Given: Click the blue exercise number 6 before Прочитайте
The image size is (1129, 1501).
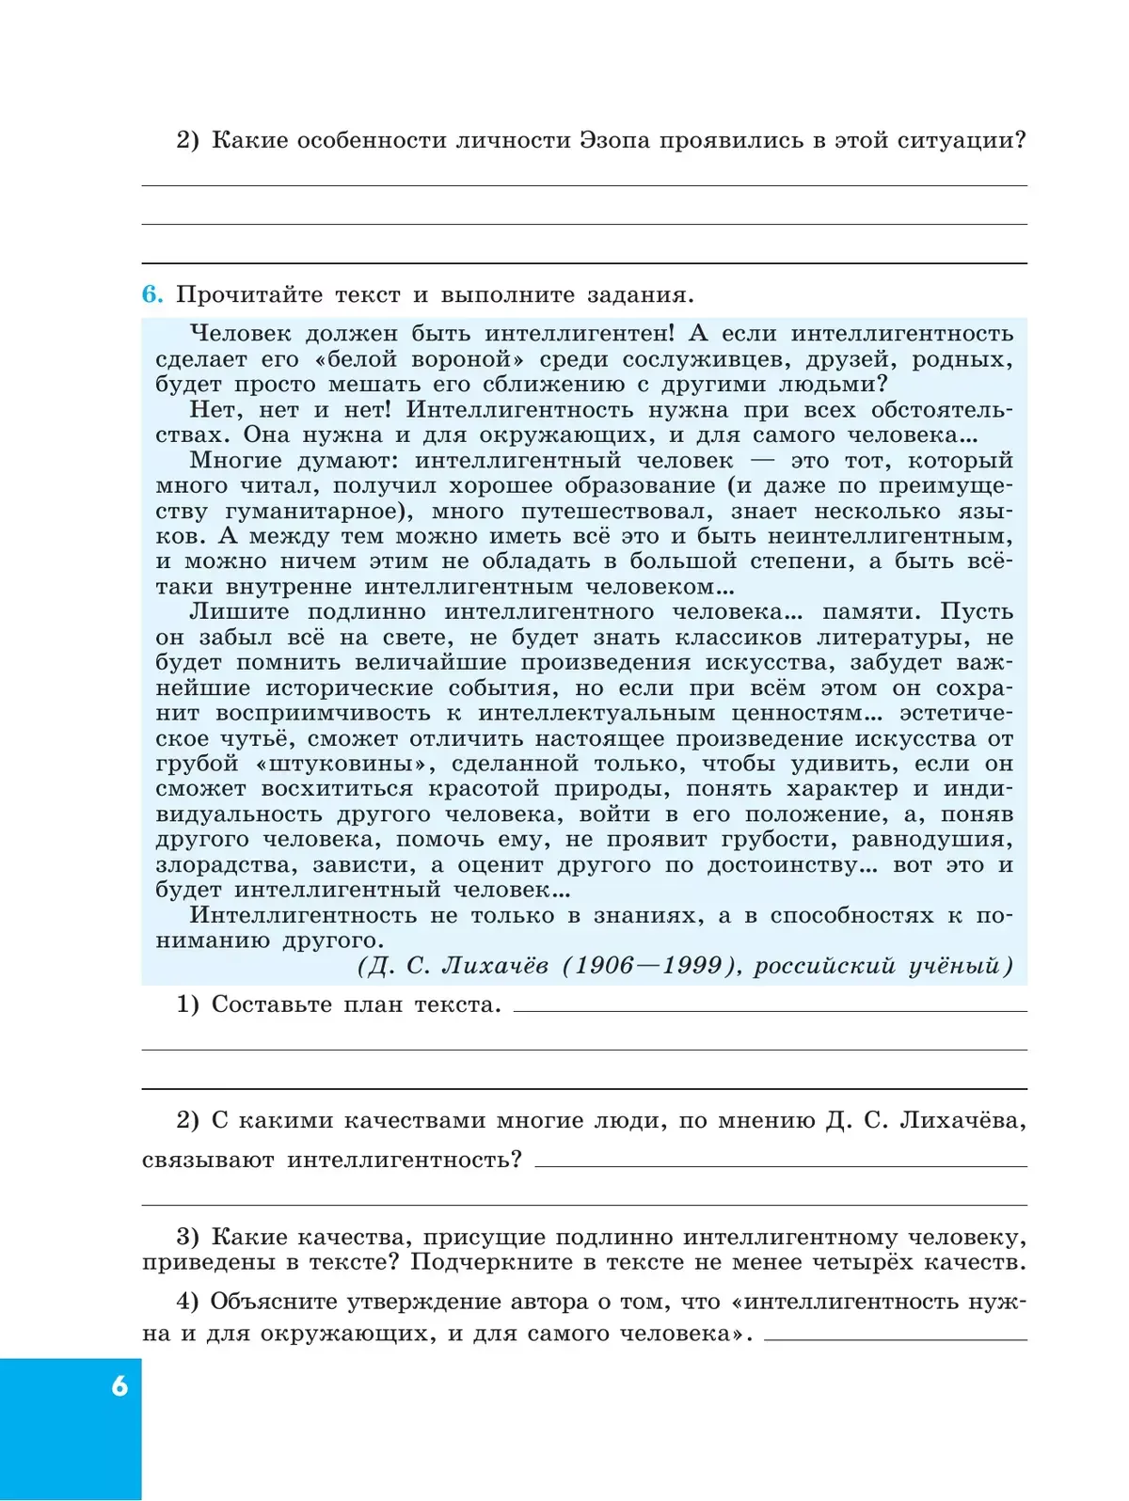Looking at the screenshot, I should (x=151, y=295).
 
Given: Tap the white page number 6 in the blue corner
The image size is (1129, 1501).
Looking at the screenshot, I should (x=119, y=1386).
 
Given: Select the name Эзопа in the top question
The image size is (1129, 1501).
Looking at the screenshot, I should (x=613, y=141).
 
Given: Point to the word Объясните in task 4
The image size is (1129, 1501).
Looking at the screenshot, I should (x=273, y=1303).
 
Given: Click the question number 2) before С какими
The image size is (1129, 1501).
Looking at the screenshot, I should (x=187, y=1121).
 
